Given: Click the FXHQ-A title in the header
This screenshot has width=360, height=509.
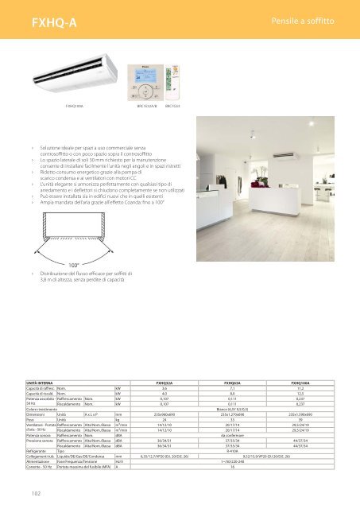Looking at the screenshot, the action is (x=38, y=18).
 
